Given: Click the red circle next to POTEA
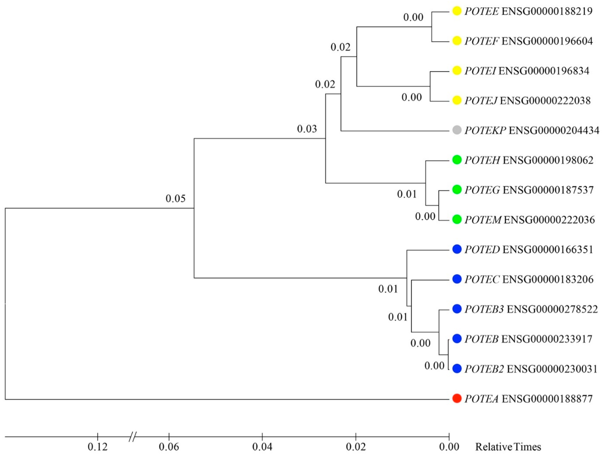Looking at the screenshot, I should tap(457, 398).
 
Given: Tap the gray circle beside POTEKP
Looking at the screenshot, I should tap(457, 130).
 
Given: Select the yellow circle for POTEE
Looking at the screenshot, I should tap(457, 11).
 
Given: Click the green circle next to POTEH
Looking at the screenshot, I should tap(457, 160).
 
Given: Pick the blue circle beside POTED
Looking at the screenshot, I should tap(457, 249).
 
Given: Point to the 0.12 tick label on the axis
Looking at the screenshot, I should tap(97, 447).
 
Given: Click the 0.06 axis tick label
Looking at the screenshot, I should tap(169, 447).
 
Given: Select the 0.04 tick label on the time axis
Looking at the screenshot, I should tap(262, 447).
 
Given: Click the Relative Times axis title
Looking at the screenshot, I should tap(508, 447).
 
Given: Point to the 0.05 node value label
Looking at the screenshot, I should tap(175, 198).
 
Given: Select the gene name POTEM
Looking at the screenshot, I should tap(483, 220).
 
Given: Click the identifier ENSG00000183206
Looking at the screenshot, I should tap(548, 279).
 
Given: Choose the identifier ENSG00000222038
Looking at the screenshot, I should tap(545, 101).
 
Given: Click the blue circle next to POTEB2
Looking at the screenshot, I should tap(457, 369).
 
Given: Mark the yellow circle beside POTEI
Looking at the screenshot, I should tap(457, 71).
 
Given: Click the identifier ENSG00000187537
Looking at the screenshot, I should tap(548, 190).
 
